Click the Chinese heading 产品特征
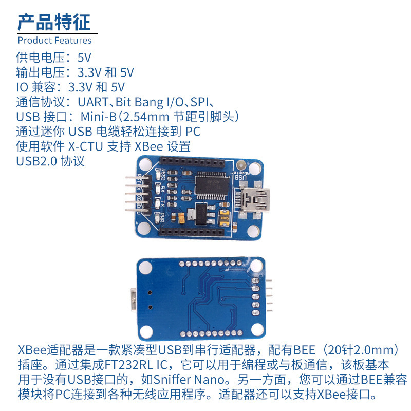54,22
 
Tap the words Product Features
54,40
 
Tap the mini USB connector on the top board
253,199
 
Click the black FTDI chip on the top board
213,185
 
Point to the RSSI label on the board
163,174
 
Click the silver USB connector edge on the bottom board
133,301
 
